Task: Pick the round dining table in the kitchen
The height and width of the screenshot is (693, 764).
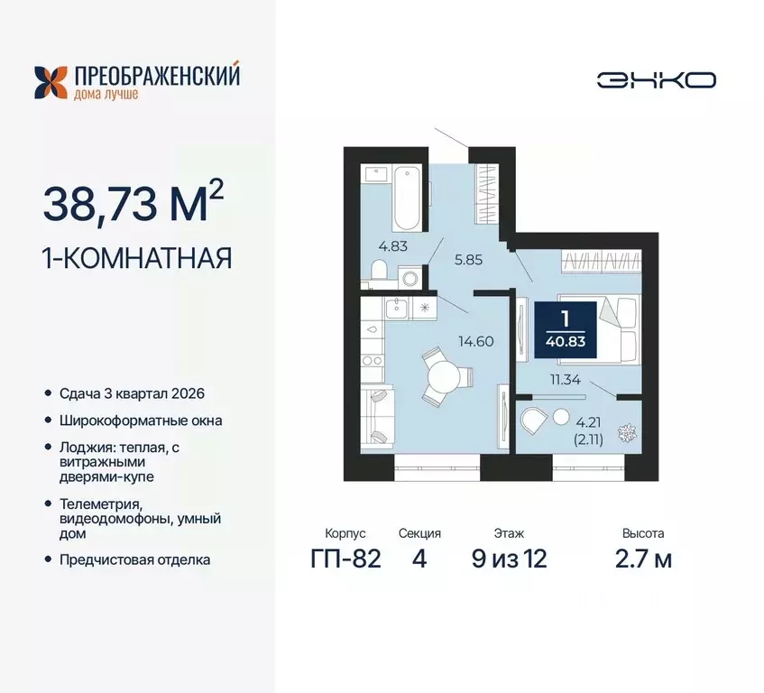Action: [443, 374]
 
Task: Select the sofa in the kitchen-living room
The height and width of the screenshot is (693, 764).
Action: [375, 415]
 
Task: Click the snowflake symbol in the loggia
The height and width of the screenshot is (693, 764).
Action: [624, 433]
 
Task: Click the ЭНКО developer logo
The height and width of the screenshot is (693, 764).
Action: [656, 79]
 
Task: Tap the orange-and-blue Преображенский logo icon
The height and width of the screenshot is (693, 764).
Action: [51, 81]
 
